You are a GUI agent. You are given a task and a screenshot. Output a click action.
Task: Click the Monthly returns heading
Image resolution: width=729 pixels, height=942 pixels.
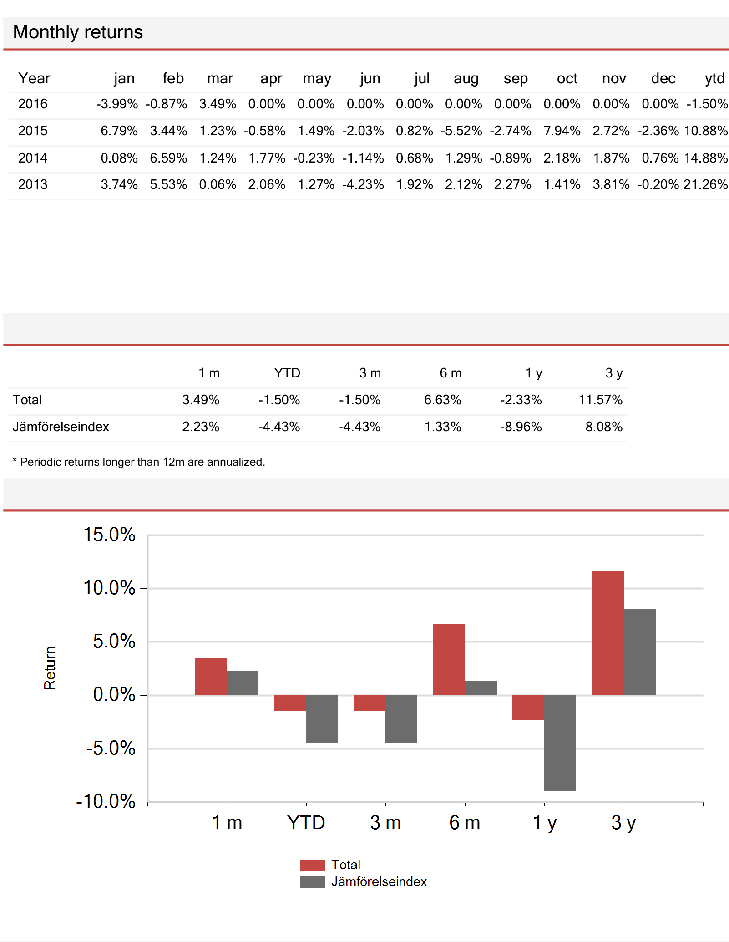[x=78, y=32]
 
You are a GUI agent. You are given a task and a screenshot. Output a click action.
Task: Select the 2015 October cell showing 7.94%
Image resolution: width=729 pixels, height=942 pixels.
[x=562, y=131]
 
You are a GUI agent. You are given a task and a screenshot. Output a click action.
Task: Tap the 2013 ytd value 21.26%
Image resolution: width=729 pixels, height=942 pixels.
[x=705, y=184]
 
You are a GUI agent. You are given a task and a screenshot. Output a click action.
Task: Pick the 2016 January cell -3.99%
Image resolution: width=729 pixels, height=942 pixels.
[x=117, y=104]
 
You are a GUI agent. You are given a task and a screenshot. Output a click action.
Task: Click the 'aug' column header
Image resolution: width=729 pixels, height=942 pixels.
[x=466, y=79]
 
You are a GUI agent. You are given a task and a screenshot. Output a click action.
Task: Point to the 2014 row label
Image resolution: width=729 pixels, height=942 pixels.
[x=33, y=158]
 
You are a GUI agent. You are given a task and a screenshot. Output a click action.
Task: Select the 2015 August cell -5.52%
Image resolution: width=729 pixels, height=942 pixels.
[x=461, y=131]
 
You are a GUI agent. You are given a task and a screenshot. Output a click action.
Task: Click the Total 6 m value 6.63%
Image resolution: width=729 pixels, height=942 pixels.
[x=443, y=400]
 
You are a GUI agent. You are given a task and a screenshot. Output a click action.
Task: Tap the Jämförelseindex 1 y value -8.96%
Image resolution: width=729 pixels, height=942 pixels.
[x=521, y=427]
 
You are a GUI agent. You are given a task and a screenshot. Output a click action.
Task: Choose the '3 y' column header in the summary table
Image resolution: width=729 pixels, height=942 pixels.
[x=614, y=373]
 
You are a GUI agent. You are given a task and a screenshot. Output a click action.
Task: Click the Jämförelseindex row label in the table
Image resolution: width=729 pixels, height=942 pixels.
[x=61, y=427]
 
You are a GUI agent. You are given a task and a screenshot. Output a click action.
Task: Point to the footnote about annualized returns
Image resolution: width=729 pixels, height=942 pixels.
[x=139, y=462]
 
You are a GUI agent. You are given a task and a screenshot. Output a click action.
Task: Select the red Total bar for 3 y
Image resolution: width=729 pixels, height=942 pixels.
[x=607, y=633]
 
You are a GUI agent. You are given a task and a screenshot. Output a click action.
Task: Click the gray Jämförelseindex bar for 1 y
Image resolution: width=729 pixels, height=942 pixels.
[x=560, y=743]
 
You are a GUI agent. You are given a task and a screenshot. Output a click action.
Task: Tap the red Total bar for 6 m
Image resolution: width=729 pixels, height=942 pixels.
[x=449, y=660]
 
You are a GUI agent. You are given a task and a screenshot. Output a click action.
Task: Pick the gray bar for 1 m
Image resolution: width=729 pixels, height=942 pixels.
[x=243, y=683]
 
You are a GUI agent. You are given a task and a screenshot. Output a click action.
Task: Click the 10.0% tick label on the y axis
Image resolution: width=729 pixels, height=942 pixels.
[x=109, y=588]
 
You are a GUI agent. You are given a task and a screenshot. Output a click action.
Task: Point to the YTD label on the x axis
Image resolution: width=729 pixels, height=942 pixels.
[x=306, y=823]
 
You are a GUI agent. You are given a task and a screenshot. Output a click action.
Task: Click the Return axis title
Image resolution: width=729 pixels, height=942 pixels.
[x=50, y=668]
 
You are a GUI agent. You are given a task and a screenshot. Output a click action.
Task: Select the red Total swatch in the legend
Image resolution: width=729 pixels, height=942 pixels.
[x=313, y=865]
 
